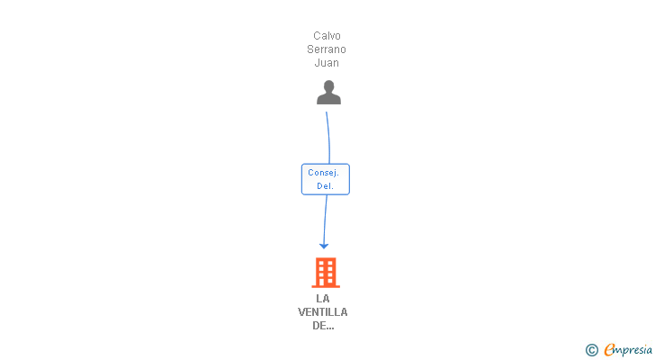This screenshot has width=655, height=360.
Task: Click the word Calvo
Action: pyautogui.click(x=327, y=36)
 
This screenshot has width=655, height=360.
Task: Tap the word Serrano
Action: pyautogui.click(x=327, y=49)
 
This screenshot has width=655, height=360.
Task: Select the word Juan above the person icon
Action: pyautogui.click(x=327, y=63)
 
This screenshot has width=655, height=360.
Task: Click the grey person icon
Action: pyautogui.click(x=328, y=93)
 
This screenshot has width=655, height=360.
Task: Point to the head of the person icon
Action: pyautogui.click(x=328, y=86)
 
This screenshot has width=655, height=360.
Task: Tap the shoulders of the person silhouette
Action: pyautogui.click(x=328, y=99)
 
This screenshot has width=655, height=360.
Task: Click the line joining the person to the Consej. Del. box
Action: pyautogui.click(x=328, y=138)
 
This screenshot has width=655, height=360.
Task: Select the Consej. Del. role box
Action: pyautogui.click(x=326, y=179)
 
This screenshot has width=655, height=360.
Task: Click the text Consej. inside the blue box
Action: pyautogui.click(x=323, y=173)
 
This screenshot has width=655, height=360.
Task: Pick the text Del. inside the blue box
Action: pyautogui.click(x=325, y=186)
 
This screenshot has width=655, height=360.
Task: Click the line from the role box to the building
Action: pyautogui.click(x=325, y=220)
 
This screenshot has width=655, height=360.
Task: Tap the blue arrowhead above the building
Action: pyautogui.click(x=324, y=246)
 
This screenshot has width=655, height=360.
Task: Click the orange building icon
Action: pyautogui.click(x=326, y=273)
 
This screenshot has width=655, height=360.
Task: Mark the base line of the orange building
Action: pyautogui.click(x=326, y=286)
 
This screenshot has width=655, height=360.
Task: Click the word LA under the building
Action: pyautogui.click(x=323, y=299)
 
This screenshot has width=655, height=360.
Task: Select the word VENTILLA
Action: pyautogui.click(x=322, y=312)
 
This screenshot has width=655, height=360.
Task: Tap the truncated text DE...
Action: pyautogui.click(x=323, y=326)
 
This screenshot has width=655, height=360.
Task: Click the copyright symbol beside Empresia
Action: pyautogui.click(x=591, y=350)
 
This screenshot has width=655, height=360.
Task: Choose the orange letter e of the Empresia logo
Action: pyautogui.click(x=609, y=349)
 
